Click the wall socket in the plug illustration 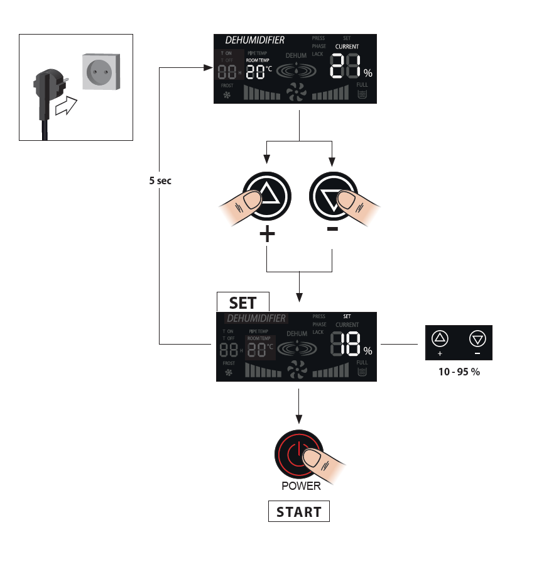[97, 72]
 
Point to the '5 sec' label [160, 180]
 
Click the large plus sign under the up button [268, 235]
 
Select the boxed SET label [243, 302]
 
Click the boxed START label [299, 512]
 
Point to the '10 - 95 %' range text [459, 372]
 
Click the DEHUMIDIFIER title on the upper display [255, 40]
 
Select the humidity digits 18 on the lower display [346, 346]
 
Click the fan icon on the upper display [295, 93]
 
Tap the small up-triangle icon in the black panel [440, 338]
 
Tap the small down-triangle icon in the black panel [478, 339]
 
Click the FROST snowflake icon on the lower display [228, 372]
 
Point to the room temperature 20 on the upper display [256, 72]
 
